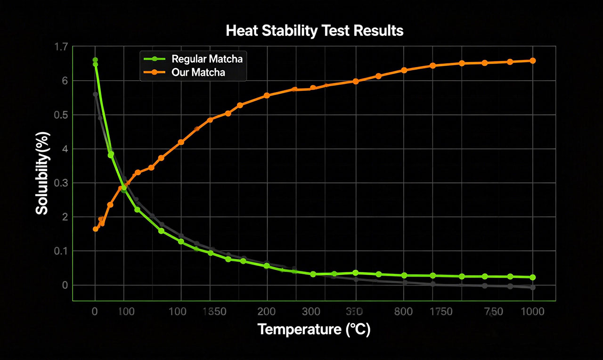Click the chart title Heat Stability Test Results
(x=314, y=31)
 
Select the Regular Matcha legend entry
(x=207, y=59)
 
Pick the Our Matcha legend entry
(x=198, y=73)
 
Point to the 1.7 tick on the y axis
(x=61, y=47)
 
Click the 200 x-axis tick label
(x=266, y=311)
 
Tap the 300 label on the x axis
(x=313, y=311)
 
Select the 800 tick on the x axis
(x=403, y=311)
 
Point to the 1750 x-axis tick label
(x=440, y=311)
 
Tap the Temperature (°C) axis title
(x=314, y=329)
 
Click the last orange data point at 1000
(x=533, y=61)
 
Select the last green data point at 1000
(x=533, y=278)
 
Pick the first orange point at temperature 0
(x=96, y=229)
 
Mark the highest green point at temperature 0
(x=95, y=60)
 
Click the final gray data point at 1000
(x=533, y=287)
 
